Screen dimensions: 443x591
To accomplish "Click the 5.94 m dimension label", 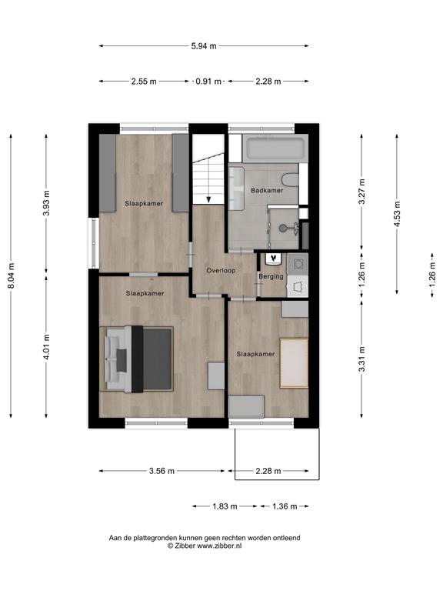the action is [204, 46].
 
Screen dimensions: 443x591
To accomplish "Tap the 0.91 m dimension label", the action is [208, 82].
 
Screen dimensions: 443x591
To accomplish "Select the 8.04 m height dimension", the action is [12, 276].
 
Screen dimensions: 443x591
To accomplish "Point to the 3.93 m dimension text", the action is [46, 203].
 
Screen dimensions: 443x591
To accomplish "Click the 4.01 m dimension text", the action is [46, 347].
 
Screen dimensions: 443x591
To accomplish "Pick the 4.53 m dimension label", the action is [397, 214].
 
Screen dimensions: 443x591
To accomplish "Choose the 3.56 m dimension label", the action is [162, 471].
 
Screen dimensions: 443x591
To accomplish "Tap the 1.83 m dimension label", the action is [225, 506].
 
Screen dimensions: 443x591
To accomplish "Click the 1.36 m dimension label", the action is [285, 506].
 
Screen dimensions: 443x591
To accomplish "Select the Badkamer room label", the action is [267, 190].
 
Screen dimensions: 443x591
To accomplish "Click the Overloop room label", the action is [221, 270].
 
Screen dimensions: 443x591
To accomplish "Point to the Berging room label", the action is [271, 276].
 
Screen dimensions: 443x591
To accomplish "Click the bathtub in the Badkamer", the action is [275, 149].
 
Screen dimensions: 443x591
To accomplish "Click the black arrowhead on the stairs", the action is [208, 199].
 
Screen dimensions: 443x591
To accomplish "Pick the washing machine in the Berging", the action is [298, 263].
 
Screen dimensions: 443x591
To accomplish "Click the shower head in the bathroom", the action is [283, 228].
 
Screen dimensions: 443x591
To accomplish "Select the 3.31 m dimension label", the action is [361, 359].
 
